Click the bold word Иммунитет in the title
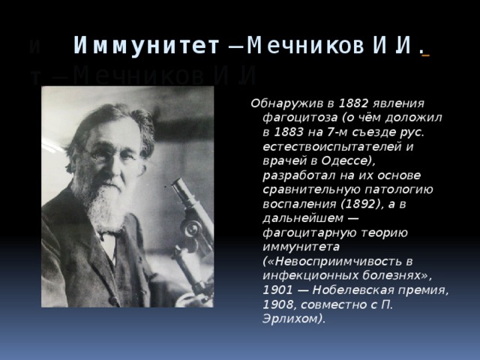click(x=147, y=46)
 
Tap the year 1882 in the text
click(x=352, y=103)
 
